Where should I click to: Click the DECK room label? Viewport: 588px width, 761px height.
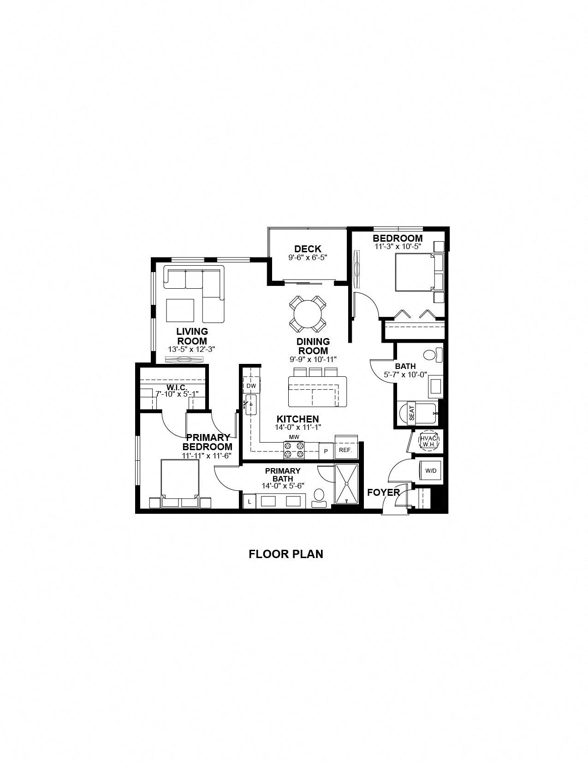pyautogui.click(x=308, y=250)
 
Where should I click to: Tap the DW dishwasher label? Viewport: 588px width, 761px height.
pyautogui.click(x=251, y=386)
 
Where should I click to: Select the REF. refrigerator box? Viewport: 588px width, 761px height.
pyautogui.click(x=345, y=450)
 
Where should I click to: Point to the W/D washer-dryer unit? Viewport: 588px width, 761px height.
pyautogui.click(x=430, y=471)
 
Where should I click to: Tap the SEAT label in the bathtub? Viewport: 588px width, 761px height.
pyautogui.click(x=412, y=412)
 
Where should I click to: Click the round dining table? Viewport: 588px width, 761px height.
pyautogui.click(x=308, y=314)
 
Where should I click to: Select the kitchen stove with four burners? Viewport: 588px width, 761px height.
pyautogui.click(x=294, y=450)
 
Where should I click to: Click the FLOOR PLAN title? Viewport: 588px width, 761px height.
pyautogui.click(x=286, y=554)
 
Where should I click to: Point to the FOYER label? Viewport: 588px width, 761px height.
pyautogui.click(x=383, y=493)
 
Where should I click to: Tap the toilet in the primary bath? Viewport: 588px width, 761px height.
pyautogui.click(x=319, y=497)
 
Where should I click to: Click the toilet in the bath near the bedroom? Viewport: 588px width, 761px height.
pyautogui.click(x=432, y=355)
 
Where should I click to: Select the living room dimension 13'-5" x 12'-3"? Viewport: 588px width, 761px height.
pyautogui.click(x=192, y=350)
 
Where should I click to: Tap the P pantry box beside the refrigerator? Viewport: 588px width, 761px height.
pyautogui.click(x=326, y=451)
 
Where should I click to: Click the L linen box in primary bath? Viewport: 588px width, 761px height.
pyautogui.click(x=249, y=501)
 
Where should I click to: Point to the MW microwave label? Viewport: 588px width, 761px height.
pyautogui.click(x=294, y=437)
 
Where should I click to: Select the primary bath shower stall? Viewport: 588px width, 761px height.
pyautogui.click(x=346, y=483)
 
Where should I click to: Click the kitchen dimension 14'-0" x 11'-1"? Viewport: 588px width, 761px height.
pyautogui.click(x=298, y=427)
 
